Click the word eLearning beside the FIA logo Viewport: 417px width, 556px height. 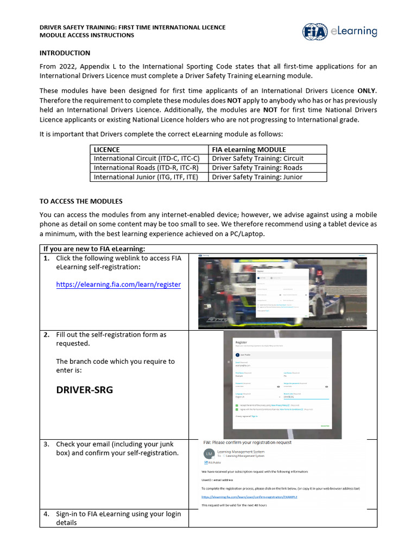click(x=353, y=31)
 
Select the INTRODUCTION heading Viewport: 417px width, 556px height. click(x=65, y=53)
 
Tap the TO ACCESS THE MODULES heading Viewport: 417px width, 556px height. click(x=81, y=201)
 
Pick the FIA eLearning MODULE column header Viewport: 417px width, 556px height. click(x=249, y=149)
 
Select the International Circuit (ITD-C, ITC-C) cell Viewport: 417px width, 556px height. click(x=147, y=159)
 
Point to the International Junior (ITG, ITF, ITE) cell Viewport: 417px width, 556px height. click(x=146, y=177)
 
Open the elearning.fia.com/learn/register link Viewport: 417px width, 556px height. click(x=118, y=284)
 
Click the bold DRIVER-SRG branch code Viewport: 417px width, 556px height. click(x=85, y=390)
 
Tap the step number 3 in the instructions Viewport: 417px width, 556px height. click(x=47, y=444)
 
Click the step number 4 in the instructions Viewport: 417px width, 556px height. click(x=47, y=514)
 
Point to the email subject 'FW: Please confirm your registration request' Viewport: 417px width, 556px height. click(x=247, y=443)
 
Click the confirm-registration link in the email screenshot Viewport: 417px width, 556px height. click(x=249, y=496)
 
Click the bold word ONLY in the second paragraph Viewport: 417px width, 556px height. click(x=367, y=91)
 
